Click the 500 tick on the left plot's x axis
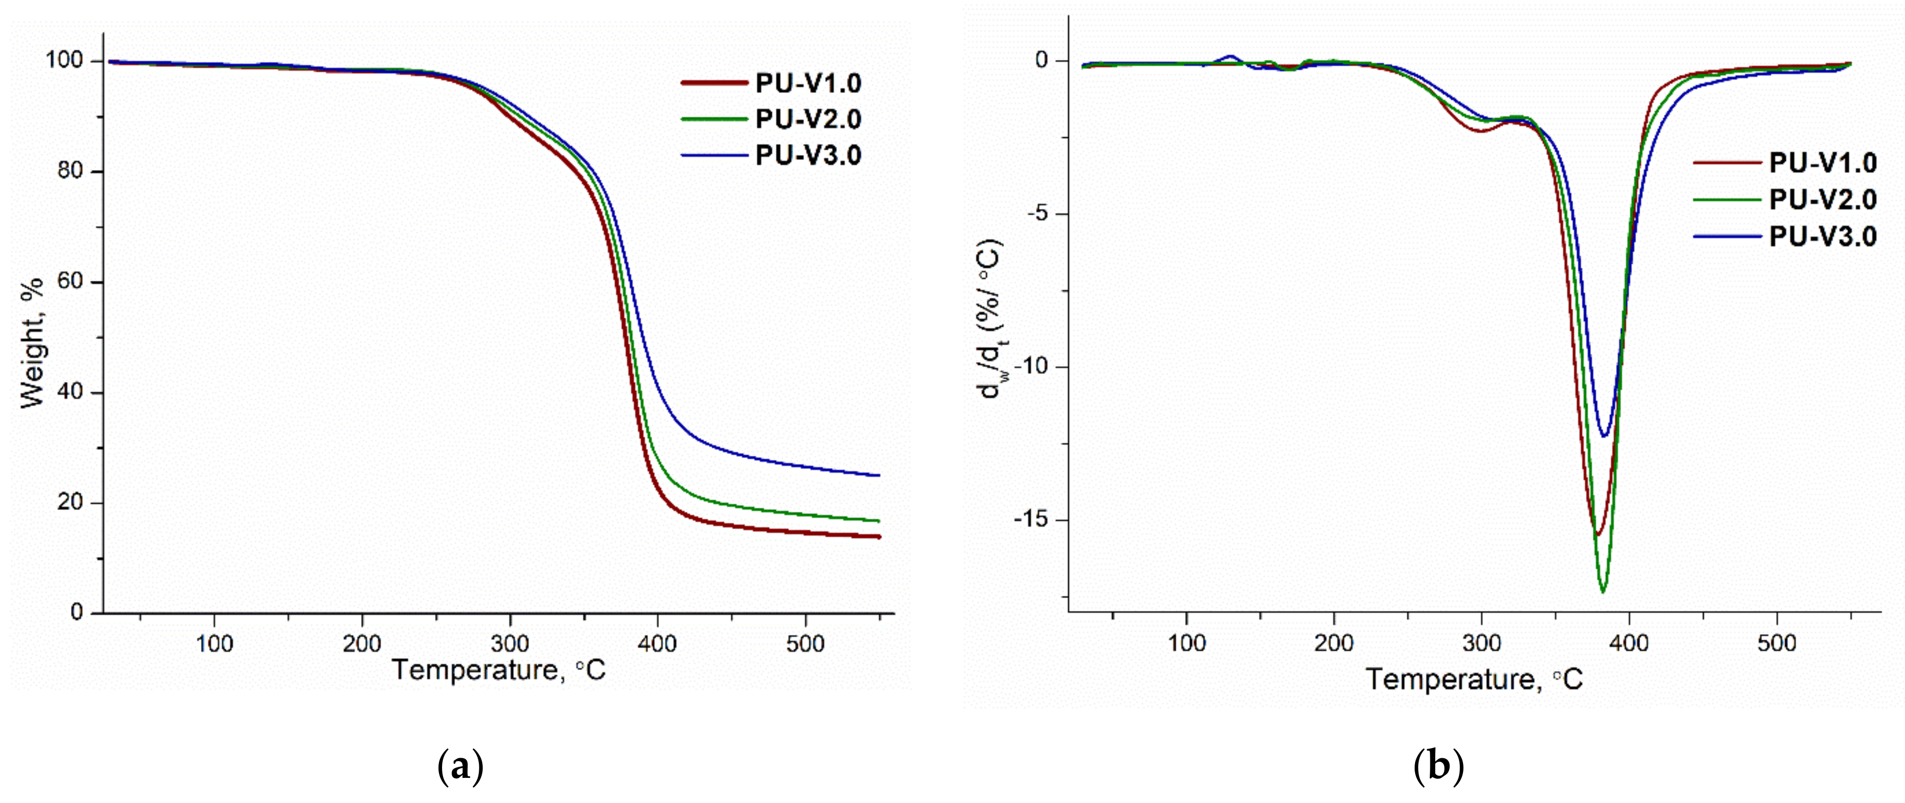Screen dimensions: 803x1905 click(x=804, y=644)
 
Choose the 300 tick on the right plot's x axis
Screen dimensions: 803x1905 click(x=1481, y=644)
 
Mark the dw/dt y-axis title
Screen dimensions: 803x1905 click(x=991, y=318)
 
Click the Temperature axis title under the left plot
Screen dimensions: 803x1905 click(x=499, y=670)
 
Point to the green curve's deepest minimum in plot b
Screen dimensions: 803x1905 click(x=1602, y=592)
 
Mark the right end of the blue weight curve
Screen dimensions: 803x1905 click(x=878, y=475)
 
